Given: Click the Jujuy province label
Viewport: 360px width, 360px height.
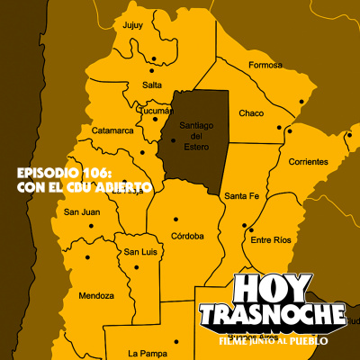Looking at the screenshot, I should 132,25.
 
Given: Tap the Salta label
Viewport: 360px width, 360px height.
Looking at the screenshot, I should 127,84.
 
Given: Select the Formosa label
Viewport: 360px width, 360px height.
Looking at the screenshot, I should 265,65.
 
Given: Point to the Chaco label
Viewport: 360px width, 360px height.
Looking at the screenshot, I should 251,113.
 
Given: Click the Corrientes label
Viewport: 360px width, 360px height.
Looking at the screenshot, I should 309,162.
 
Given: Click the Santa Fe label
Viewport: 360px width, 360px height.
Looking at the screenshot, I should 242,195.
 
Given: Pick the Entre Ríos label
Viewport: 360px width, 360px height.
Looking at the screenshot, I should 271,240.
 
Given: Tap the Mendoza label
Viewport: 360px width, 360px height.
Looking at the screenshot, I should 96,295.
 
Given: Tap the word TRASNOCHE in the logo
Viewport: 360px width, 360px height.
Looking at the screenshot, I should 271,315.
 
